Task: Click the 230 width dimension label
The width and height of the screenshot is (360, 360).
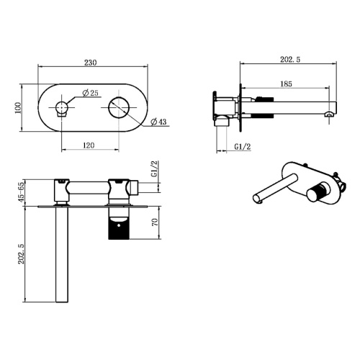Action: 91,63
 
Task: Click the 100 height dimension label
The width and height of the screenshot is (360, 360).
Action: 18,108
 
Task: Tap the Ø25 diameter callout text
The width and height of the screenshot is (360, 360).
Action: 90,93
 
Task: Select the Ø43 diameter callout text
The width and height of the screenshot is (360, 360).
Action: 158,122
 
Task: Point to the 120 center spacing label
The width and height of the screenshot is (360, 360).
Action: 89,145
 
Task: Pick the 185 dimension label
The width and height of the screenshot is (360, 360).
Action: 286,84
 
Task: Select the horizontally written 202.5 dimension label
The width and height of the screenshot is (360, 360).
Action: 290,59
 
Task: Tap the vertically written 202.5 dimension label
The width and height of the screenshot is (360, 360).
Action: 22,254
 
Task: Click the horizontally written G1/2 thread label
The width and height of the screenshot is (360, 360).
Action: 243,146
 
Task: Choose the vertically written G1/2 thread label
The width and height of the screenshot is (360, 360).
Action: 155,169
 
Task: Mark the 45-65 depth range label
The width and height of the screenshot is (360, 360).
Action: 22,192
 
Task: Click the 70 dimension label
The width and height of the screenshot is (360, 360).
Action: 155,222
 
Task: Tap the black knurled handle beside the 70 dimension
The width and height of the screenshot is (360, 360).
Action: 119,228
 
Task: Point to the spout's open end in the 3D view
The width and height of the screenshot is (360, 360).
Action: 256,199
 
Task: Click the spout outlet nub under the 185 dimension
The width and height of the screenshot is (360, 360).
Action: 330,114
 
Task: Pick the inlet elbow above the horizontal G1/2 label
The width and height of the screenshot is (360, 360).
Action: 222,120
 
